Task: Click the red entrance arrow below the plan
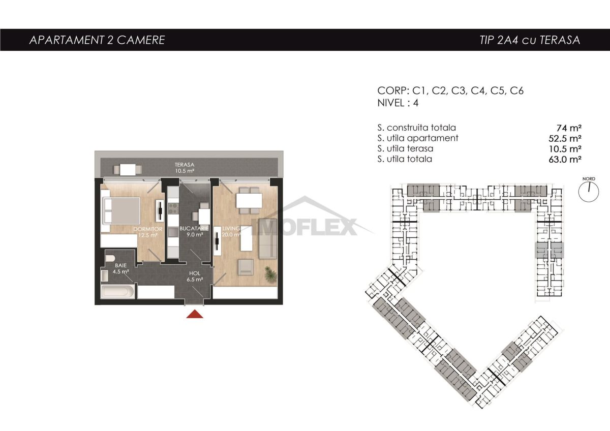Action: click(x=195, y=314)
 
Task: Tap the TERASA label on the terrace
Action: click(x=185, y=165)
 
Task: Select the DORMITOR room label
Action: click(x=147, y=229)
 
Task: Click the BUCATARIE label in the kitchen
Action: click(x=194, y=228)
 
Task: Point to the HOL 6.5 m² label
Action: click(x=194, y=276)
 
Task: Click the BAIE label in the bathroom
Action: click(x=120, y=265)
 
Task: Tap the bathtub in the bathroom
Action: click(x=117, y=292)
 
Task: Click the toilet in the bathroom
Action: click(x=110, y=258)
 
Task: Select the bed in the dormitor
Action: click(x=120, y=211)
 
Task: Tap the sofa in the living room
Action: click(x=268, y=238)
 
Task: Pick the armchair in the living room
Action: click(x=246, y=267)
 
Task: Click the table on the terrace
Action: click(x=128, y=170)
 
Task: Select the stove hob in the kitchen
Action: click(x=173, y=209)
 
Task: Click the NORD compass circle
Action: click(x=589, y=192)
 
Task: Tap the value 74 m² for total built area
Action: click(x=569, y=128)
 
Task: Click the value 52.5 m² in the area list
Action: click(x=565, y=138)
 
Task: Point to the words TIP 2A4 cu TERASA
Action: click(x=530, y=40)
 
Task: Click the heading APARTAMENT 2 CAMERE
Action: click(x=97, y=40)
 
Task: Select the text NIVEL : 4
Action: click(x=398, y=103)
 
